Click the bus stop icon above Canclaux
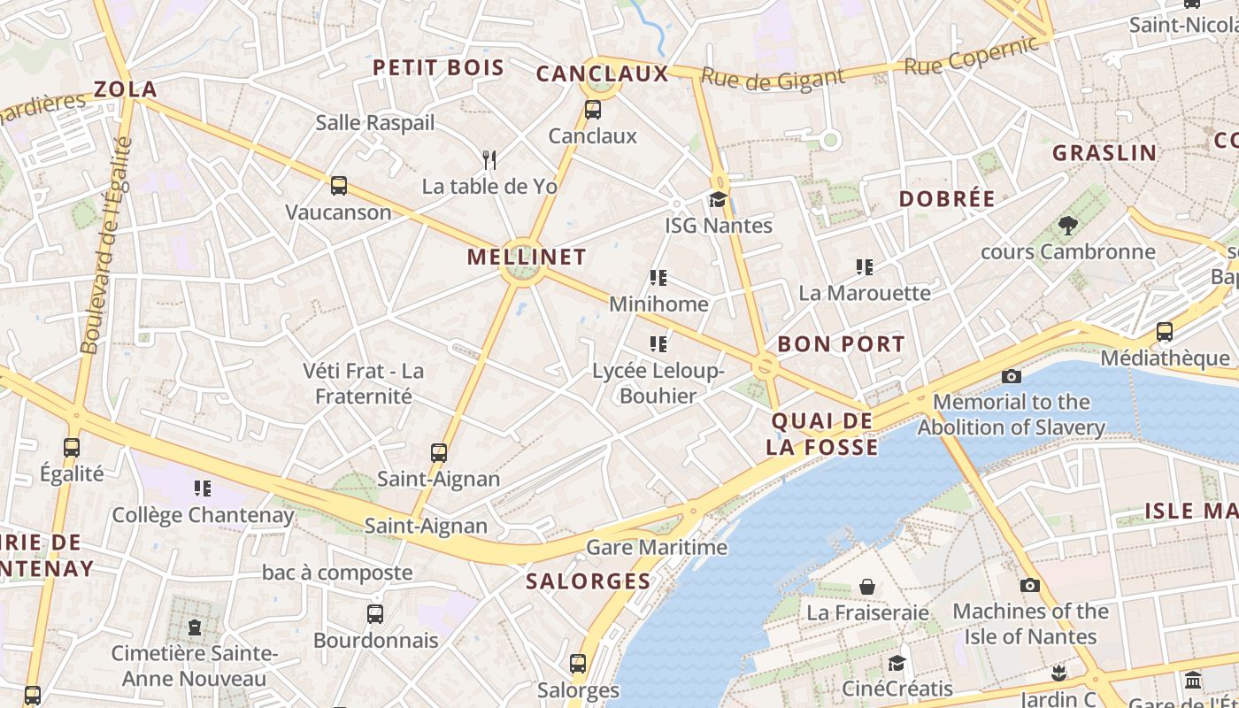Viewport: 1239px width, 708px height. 593,110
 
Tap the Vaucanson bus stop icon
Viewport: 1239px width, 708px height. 339,186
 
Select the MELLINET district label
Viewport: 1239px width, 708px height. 527,257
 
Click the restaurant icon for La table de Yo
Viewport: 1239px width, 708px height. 489,159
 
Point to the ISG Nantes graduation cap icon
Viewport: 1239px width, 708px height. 718,199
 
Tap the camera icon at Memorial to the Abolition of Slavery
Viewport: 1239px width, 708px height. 1012,376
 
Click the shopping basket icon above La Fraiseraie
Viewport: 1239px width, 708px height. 867,587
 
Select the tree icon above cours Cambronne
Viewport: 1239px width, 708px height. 1067,226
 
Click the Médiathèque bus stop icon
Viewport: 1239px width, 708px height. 1165,332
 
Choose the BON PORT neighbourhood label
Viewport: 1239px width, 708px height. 841,344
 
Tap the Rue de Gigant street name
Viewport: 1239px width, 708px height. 773,80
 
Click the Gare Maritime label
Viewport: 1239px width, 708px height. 657,547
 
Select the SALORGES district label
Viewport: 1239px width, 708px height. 589,581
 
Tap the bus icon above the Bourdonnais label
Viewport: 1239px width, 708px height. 375,613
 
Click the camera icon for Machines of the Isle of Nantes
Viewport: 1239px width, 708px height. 1030,585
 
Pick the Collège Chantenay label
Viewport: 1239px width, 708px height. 203,514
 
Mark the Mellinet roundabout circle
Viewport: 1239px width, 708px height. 522,273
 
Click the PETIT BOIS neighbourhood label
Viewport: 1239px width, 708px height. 438,67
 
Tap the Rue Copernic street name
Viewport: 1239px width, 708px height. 970,55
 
